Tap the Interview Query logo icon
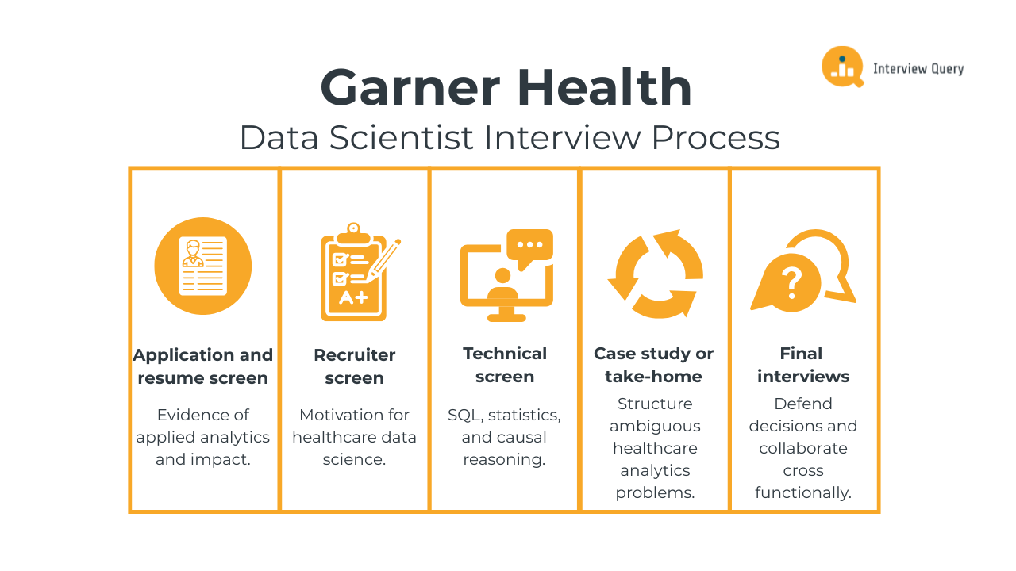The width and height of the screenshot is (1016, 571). tap(842, 67)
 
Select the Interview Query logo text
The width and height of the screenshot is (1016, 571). tap(918, 69)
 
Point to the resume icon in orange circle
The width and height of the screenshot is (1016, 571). tap(203, 266)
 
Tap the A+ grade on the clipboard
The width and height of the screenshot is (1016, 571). tap(353, 298)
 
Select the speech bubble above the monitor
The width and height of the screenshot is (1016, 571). tap(530, 247)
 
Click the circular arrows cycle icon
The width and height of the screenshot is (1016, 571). tap(655, 274)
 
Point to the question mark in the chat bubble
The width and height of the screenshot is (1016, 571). tap(791, 282)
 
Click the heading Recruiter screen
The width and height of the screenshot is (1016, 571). tap(354, 366)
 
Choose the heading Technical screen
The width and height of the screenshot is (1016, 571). tap(505, 365)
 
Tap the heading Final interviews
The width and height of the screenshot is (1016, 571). tap(802, 365)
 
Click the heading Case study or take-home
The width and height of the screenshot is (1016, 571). tap(653, 365)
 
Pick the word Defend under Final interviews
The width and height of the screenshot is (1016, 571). tap(802, 404)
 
